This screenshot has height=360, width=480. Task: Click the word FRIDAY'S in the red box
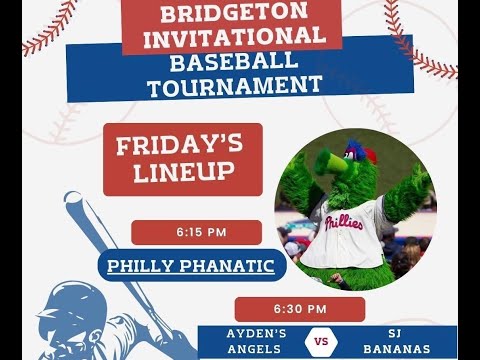click(x=182, y=146)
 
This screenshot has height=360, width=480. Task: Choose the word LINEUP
click(x=182, y=172)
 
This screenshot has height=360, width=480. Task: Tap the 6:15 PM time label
click(x=201, y=232)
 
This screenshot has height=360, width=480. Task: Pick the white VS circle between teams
click(x=322, y=342)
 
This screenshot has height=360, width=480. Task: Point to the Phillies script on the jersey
click(x=344, y=221)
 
